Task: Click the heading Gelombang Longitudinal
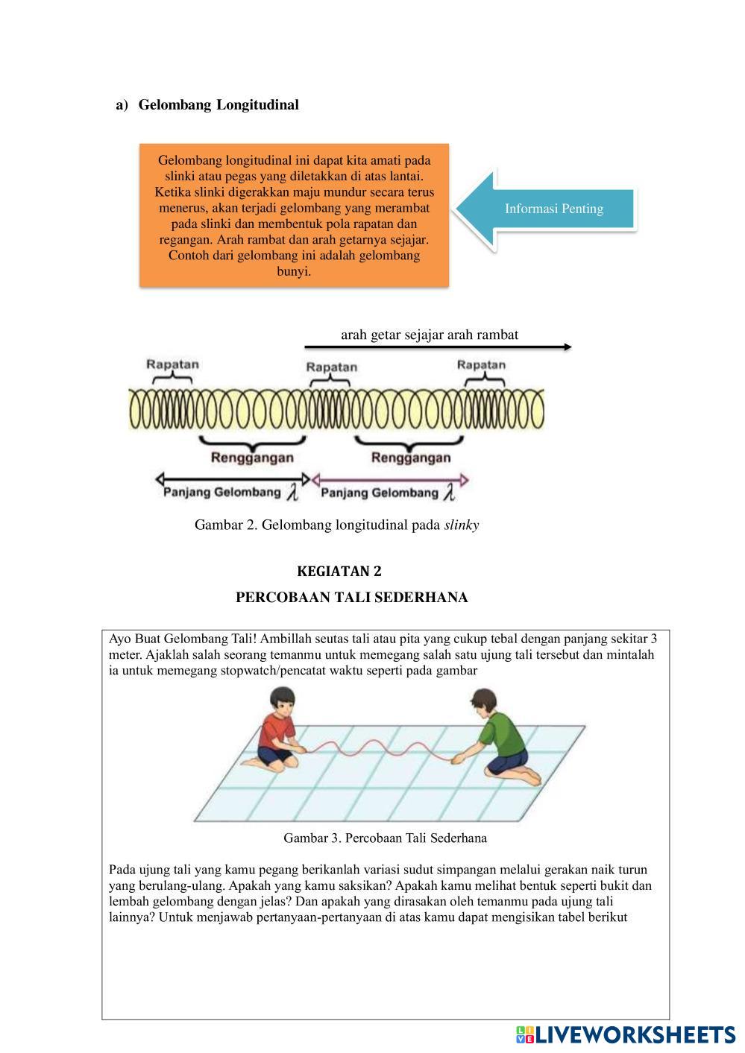218,105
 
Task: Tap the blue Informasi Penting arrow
548,209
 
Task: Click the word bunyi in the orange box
294,272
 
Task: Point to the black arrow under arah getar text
438,347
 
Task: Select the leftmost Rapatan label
172,364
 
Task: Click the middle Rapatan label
332,367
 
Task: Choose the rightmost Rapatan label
481,364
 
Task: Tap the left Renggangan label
252,458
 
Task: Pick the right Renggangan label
410,458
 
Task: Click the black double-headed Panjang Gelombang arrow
232,478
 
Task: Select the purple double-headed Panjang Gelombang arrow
390,479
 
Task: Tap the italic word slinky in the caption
461,525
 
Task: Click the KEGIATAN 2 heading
339,572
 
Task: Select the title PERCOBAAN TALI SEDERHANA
351,598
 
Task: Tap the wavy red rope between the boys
373,745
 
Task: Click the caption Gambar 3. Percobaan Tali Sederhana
385,838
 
